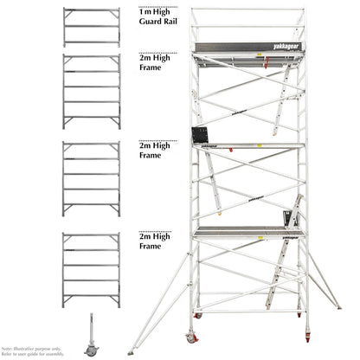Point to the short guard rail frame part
point(91,27)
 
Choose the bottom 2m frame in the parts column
point(91,265)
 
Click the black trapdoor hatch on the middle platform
point(201,137)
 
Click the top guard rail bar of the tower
point(247,10)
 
